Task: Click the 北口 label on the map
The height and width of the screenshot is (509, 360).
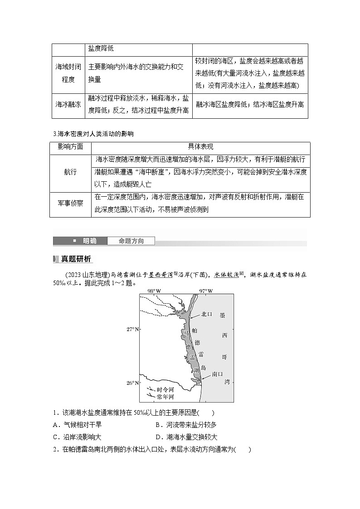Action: click(207, 314)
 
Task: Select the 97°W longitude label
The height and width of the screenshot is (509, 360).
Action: click(206, 291)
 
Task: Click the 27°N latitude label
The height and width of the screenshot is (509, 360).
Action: click(132, 330)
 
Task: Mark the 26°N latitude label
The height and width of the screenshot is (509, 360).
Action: click(132, 383)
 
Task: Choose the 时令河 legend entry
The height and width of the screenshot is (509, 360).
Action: click(165, 389)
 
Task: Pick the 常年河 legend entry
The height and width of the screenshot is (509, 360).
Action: click(165, 397)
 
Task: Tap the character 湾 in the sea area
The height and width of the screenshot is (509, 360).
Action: click(227, 382)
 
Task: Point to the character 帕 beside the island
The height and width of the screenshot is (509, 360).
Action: click(195, 330)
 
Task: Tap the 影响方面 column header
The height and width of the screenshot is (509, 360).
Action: click(70, 147)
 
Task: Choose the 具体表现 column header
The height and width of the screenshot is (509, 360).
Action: click(200, 147)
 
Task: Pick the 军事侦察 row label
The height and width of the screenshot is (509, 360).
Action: click(70, 204)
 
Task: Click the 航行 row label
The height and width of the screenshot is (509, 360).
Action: click(70, 172)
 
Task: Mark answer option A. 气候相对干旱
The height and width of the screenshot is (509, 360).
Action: click(77, 425)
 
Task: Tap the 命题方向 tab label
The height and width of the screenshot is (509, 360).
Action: click(131, 241)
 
